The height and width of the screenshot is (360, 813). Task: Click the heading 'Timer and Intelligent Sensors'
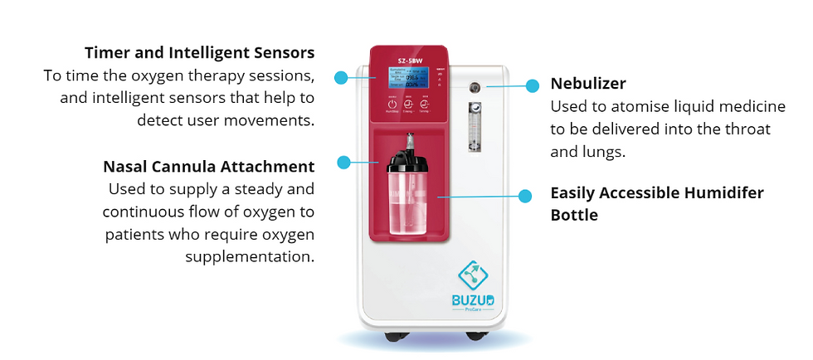coord(198,53)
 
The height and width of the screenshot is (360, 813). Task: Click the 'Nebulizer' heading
coord(588,84)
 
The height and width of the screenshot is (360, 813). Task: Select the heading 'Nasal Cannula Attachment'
coord(208,166)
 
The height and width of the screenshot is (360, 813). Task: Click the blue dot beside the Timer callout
coord(340,77)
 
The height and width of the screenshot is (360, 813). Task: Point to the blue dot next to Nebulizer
coord(533,85)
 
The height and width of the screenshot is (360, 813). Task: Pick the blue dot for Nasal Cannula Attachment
coord(341,162)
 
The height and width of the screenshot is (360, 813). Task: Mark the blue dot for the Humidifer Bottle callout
coord(524,196)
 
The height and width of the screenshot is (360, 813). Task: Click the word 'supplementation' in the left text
coord(251,255)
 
